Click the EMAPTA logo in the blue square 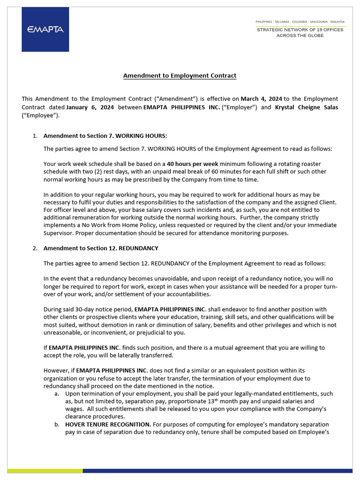pyautogui.click(x=45, y=29)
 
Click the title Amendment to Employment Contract pyautogui.click(x=180, y=75)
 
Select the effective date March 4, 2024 pyautogui.click(x=261, y=99)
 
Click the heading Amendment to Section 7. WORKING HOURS pyautogui.click(x=105, y=136)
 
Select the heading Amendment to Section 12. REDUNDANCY pyautogui.click(x=101, y=248)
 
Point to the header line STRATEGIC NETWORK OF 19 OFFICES pyautogui.click(x=300, y=30)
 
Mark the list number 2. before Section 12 pyautogui.click(x=35, y=248)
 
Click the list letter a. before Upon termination pyautogui.click(x=56, y=394)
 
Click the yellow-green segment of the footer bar pyautogui.click(x=45, y=471)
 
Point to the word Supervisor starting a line pyautogui.click(x=59, y=233)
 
